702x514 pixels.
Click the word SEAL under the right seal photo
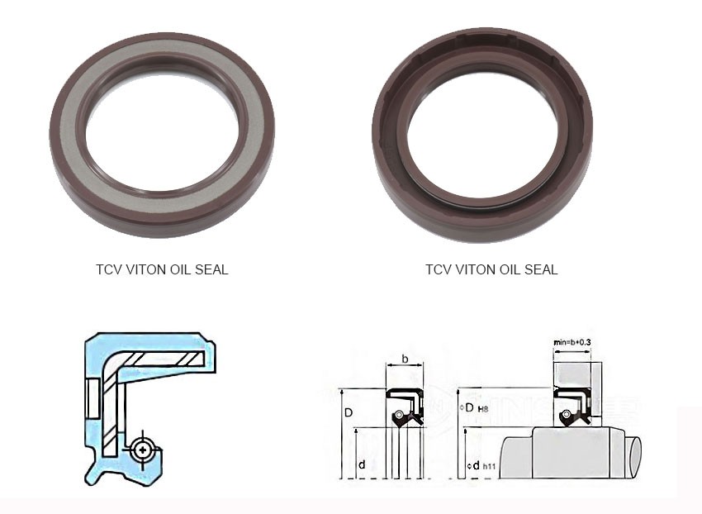point(540,269)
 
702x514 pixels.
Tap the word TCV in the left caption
point(108,269)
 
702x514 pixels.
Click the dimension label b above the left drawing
point(404,359)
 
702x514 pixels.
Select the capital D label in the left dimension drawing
point(349,411)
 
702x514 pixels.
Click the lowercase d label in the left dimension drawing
point(362,464)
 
